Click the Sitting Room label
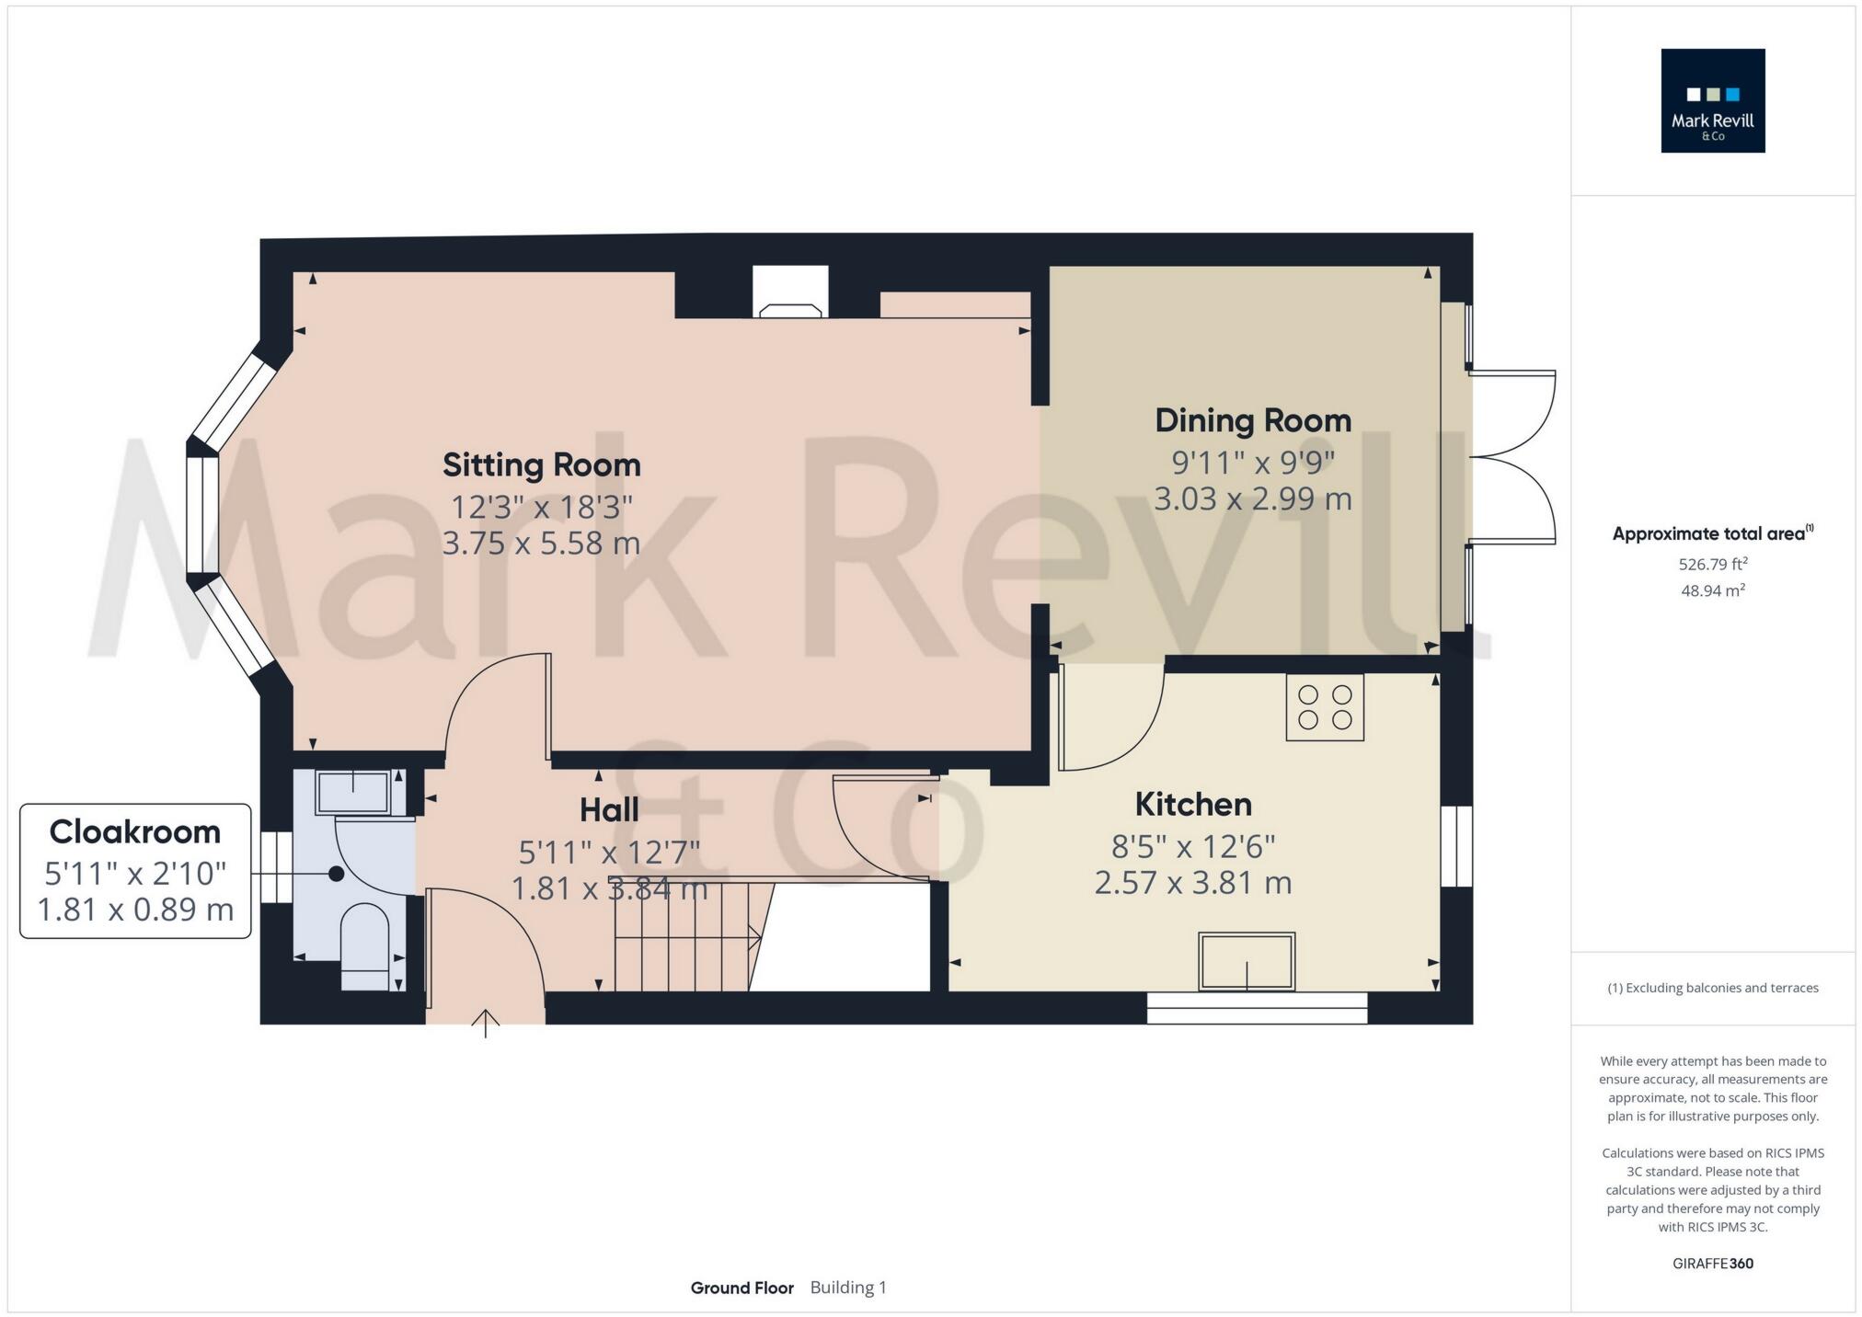(x=541, y=464)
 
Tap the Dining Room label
(x=1253, y=420)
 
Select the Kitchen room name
(x=1193, y=805)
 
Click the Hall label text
(x=609, y=810)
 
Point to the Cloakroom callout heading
(x=135, y=831)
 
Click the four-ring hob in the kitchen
(x=1325, y=707)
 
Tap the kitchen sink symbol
(x=1247, y=961)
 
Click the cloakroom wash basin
(x=352, y=793)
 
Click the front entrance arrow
(x=486, y=1023)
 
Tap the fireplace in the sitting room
(x=790, y=294)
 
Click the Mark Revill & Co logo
(x=1712, y=101)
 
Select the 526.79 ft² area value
(x=1712, y=564)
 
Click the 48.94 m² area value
(x=1712, y=590)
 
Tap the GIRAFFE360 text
(x=1712, y=1264)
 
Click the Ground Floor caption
(x=741, y=1288)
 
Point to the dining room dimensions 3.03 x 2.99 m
(x=1253, y=499)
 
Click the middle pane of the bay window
(x=202, y=515)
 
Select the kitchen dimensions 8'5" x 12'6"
(x=1193, y=845)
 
